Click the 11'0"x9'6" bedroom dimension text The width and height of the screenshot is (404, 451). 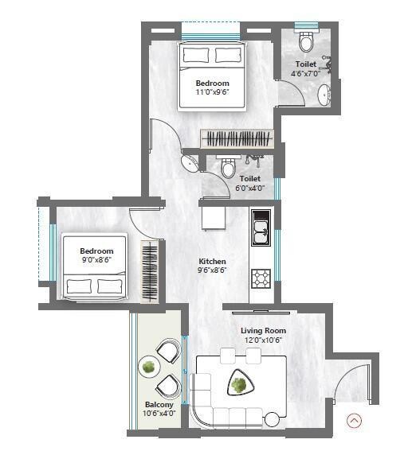click(213, 92)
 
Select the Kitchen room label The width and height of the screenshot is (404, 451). click(213, 261)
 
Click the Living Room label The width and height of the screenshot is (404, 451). click(263, 330)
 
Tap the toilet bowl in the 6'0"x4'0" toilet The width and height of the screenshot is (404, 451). click(229, 168)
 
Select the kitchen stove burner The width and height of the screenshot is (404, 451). click(261, 278)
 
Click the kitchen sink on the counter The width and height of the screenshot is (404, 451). click(261, 233)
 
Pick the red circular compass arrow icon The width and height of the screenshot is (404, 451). click(355, 421)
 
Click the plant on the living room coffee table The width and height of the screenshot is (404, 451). click(238, 386)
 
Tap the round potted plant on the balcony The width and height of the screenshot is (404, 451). click(147, 367)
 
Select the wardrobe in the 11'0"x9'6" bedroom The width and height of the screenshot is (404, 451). click(236, 138)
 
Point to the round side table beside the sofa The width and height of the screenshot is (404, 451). click(273, 419)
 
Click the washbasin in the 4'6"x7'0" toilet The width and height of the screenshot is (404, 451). click(324, 95)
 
